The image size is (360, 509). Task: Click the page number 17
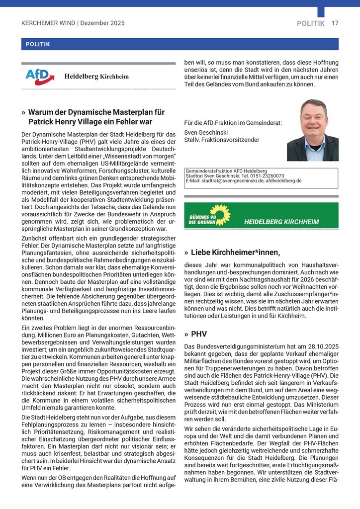point(335,23)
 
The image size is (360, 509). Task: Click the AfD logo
point(40,77)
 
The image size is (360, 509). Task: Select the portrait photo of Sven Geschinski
point(313,130)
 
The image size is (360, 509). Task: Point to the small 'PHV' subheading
point(199,334)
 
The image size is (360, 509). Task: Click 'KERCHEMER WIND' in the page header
point(48,23)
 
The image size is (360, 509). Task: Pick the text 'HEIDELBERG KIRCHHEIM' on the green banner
point(281,222)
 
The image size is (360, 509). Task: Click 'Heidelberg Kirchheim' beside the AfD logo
point(96,77)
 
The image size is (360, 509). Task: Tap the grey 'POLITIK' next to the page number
point(311,23)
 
